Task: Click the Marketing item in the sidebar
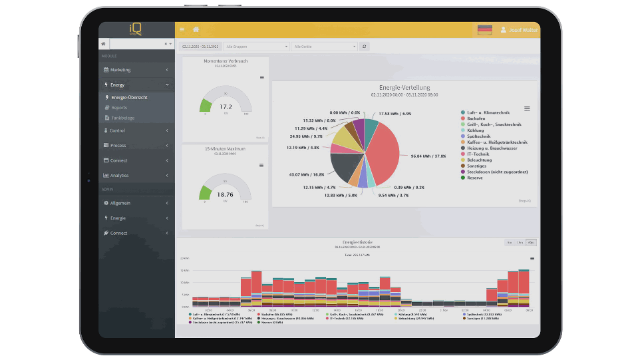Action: pos(120,70)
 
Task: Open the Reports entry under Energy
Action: pos(119,108)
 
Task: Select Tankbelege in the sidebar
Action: pos(122,118)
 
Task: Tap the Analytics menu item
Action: pos(119,176)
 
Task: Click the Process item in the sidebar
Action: pos(118,145)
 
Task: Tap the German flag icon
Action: pos(485,30)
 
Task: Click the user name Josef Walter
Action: pos(522,30)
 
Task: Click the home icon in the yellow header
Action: pos(196,30)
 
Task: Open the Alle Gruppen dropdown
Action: pos(257,47)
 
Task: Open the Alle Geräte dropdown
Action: pos(325,47)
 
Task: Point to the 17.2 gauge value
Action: pos(226,106)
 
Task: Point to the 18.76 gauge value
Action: pos(226,194)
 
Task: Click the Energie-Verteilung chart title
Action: pos(404,88)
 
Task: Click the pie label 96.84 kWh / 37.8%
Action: pos(428,156)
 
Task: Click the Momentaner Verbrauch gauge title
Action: pos(226,61)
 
